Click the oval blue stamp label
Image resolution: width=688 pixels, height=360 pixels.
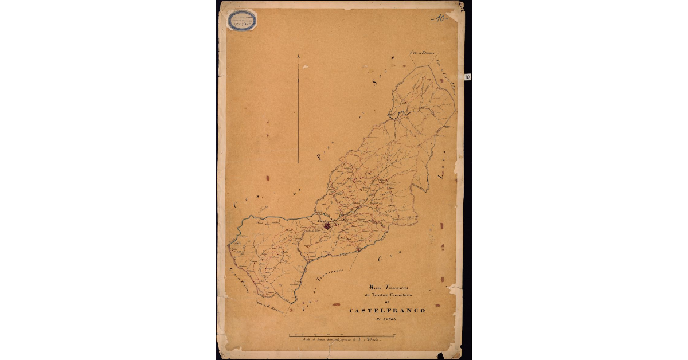pyautogui.click(x=243, y=21)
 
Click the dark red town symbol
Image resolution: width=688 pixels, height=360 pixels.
pyautogui.click(x=327, y=226)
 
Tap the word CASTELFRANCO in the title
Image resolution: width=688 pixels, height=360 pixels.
pyautogui.click(x=387, y=310)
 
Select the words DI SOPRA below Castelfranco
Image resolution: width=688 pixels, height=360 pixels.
pyautogui.click(x=387, y=319)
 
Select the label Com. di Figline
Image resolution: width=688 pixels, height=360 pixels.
pyautogui.click(x=236, y=277)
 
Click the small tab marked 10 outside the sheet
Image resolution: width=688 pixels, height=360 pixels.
pyautogui.click(x=468, y=76)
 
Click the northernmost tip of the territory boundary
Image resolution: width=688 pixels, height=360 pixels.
pyautogui.click(x=427, y=66)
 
